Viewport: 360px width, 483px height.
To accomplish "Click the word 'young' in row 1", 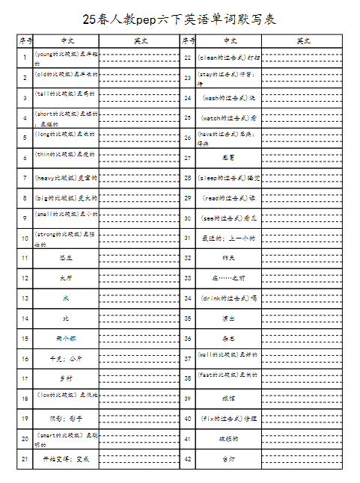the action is pos(45,54).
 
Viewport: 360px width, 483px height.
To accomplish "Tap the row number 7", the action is pos(25,177).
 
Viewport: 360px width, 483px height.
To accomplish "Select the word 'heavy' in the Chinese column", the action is pos(47,177).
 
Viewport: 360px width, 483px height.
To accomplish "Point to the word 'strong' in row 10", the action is pos(47,234).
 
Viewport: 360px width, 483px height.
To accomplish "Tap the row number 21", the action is pos(25,458).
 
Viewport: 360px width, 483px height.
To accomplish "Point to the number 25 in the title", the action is pos(89,18).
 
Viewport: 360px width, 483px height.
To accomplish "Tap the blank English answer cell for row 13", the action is pos(136,298).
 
